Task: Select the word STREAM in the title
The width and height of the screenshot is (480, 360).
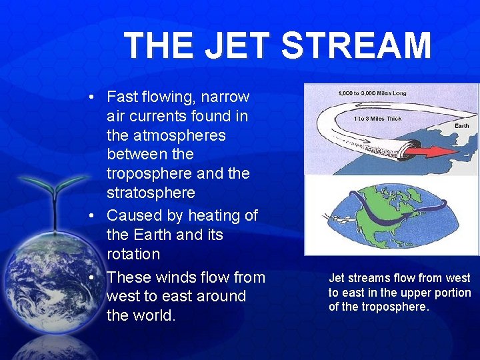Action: tap(356, 46)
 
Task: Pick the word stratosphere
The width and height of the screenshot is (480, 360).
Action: tap(151, 193)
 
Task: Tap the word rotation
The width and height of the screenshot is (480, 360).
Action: tap(133, 254)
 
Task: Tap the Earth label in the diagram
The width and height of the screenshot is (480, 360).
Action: tap(461, 125)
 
